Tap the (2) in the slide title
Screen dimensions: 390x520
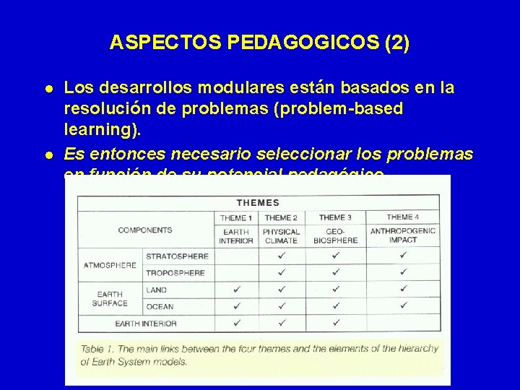click(397, 43)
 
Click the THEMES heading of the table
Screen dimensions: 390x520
click(258, 203)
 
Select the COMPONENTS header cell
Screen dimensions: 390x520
click(145, 230)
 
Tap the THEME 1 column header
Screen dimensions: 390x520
click(236, 218)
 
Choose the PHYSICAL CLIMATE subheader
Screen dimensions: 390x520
click(281, 236)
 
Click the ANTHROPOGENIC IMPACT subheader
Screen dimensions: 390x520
click(403, 236)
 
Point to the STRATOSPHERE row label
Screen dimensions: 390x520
click(177, 256)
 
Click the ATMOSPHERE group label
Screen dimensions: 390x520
click(110, 265)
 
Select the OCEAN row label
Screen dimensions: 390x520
click(160, 306)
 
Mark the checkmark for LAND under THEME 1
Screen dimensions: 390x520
click(236, 290)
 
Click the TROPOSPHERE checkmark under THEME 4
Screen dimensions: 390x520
click(403, 273)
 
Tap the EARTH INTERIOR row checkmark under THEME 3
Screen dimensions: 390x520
click(335, 322)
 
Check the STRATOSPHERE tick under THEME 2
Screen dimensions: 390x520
click(281, 256)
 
